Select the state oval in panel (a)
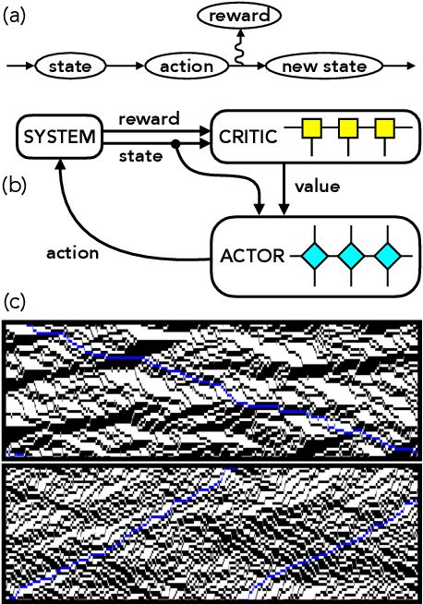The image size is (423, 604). (68, 67)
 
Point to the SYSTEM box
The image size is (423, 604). (58, 139)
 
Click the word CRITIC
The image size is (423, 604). (248, 139)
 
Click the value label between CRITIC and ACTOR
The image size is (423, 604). (317, 187)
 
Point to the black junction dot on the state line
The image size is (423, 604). (175, 145)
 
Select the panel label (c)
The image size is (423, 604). (14, 302)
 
